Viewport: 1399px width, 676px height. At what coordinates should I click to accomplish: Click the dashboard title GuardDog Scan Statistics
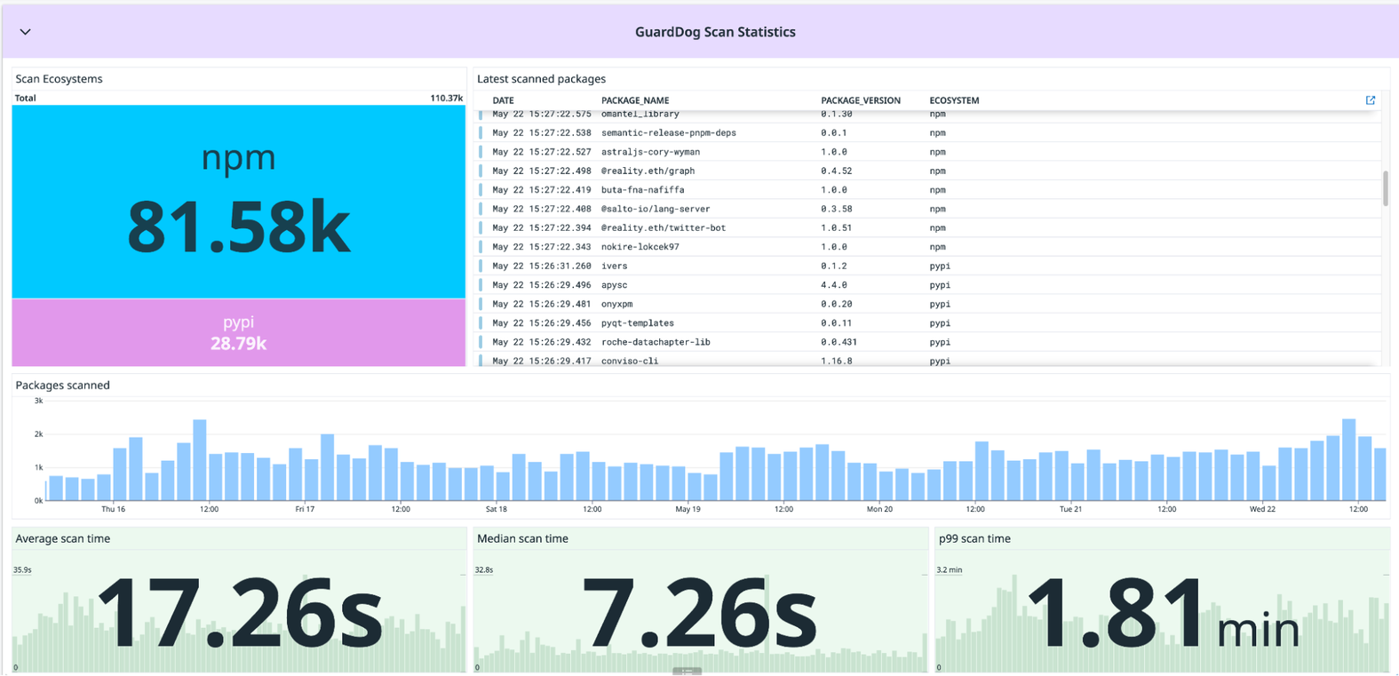[x=715, y=32]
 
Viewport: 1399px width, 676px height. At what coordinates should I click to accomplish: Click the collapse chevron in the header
[x=25, y=32]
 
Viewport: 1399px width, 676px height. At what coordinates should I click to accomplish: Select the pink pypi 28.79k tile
[x=238, y=333]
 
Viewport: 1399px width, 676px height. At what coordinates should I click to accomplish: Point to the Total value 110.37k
[x=446, y=98]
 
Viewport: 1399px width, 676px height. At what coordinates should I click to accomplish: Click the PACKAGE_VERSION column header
[x=860, y=100]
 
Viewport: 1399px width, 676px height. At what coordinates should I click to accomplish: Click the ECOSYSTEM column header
[x=954, y=100]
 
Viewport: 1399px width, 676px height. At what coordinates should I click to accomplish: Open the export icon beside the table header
[x=1370, y=100]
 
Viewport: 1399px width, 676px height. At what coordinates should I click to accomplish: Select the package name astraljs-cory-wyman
[x=650, y=152]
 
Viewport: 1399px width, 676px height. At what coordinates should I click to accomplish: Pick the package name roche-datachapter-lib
[x=656, y=342]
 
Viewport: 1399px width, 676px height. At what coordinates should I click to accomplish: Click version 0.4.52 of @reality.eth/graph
[x=836, y=171]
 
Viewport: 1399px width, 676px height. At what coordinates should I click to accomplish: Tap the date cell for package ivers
[x=541, y=266]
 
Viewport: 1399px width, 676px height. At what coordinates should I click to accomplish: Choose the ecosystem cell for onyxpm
[x=940, y=304]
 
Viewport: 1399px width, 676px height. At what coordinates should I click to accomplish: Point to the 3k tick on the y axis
[x=38, y=401]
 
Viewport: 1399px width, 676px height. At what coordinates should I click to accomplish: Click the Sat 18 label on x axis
[x=496, y=509]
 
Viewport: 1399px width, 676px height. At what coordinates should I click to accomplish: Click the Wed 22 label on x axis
[x=1262, y=509]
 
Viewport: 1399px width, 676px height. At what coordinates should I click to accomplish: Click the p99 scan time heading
[x=974, y=538]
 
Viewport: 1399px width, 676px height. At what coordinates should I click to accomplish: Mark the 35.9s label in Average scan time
[x=22, y=569]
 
